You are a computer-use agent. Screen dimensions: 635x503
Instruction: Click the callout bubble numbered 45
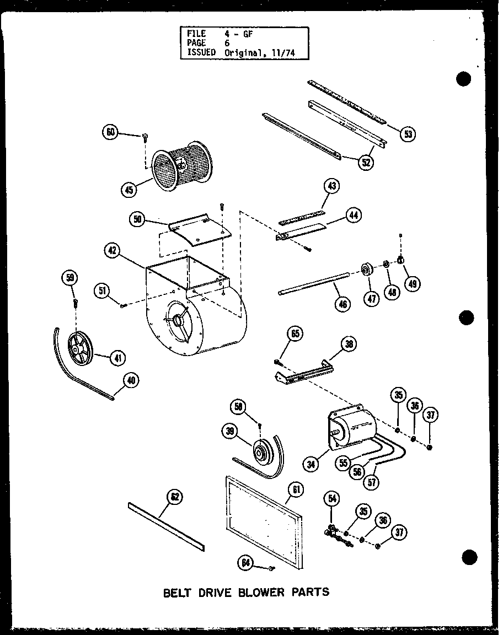[x=129, y=190]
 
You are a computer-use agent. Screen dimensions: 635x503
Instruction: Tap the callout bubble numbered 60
[x=110, y=132]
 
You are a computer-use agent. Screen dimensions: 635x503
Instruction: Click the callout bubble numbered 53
[x=408, y=133]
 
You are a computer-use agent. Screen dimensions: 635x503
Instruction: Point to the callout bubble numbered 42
[x=113, y=251]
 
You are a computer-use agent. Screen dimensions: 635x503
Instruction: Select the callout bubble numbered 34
[x=312, y=465]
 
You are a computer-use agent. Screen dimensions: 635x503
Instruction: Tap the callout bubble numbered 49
[x=412, y=283]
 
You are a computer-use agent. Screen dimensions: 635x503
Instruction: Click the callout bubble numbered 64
[x=245, y=563]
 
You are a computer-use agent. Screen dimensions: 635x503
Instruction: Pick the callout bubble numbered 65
[x=295, y=333]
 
